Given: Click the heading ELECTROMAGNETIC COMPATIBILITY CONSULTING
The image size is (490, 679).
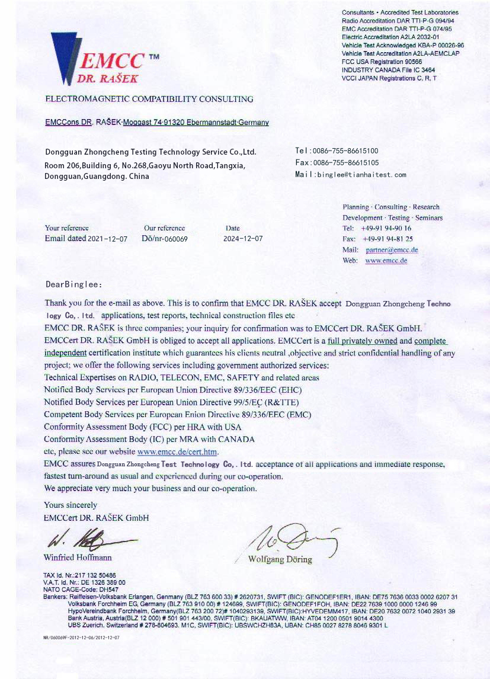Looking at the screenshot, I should tap(149, 99).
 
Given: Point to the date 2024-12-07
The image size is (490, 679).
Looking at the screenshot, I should tap(243, 239).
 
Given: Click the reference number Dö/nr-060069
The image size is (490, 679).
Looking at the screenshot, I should tap(165, 239).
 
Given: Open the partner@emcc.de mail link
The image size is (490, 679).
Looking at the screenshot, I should tap(392, 250).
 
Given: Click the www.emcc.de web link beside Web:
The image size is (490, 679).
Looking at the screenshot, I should tap(386, 261).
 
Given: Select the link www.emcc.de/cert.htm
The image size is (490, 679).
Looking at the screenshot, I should tap(178, 452).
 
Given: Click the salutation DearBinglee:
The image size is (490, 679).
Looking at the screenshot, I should tap(74, 284).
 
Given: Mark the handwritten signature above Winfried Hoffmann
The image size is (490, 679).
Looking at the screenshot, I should tap(89, 539).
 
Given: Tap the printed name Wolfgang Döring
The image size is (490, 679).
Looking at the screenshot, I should tap(280, 559).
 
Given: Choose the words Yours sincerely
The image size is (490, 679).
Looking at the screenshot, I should tap(71, 505).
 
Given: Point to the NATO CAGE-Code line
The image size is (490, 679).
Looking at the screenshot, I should tap(81, 590).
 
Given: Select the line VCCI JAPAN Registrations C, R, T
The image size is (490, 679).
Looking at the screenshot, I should tap(389, 78).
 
